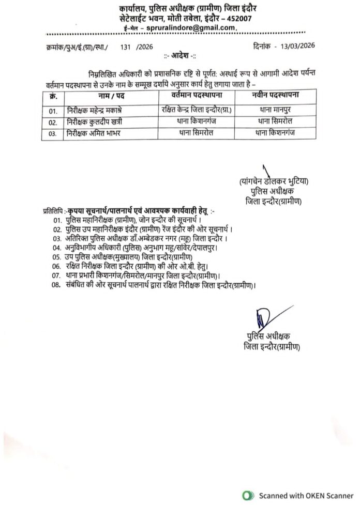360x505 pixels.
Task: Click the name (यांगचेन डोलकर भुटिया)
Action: click(x=274, y=182)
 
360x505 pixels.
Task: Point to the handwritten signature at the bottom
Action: click(x=263, y=316)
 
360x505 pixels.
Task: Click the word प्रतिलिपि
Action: click(x=53, y=211)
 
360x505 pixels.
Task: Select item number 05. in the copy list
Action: click(x=57, y=257)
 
